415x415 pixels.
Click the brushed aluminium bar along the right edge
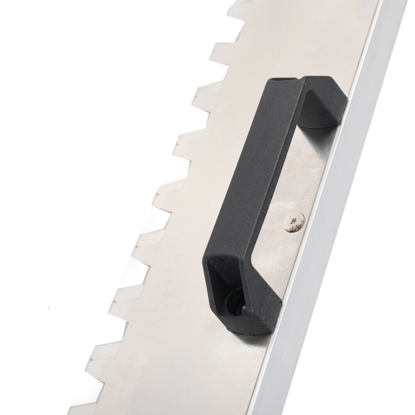click(x=332, y=249)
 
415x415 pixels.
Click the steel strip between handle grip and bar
click(x=290, y=183)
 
